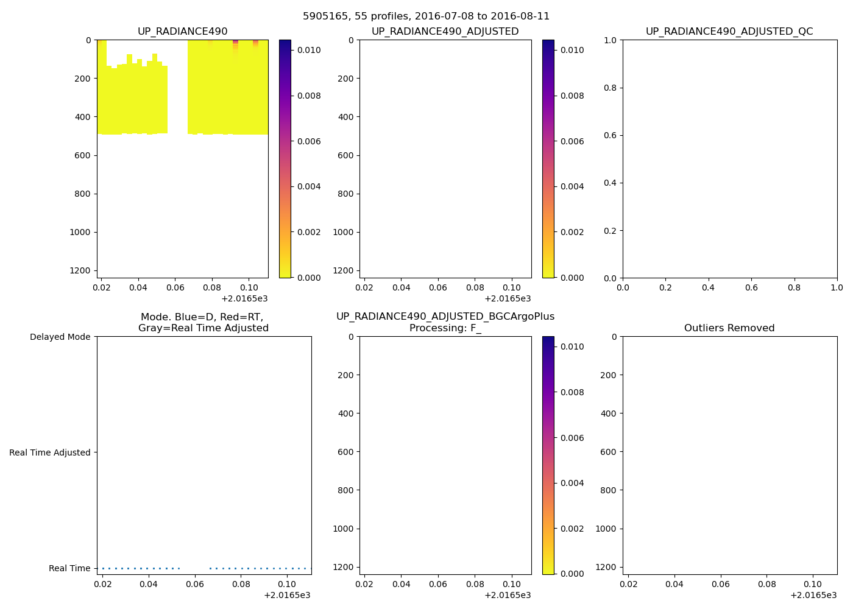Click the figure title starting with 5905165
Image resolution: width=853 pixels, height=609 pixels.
[x=426, y=16]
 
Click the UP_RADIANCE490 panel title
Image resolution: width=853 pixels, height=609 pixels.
[x=183, y=32]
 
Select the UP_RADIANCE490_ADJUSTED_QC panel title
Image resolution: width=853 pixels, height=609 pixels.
[x=729, y=32]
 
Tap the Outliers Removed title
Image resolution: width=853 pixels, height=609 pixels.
[x=729, y=328]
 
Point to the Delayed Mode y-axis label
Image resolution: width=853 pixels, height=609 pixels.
[x=60, y=337]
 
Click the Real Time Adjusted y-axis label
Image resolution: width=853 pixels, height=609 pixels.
[x=50, y=452]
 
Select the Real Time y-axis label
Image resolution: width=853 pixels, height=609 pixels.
[x=69, y=568]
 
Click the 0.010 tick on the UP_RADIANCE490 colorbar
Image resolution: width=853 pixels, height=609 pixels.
[x=309, y=50]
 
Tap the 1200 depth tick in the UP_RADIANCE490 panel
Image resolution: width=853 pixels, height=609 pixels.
[x=80, y=270]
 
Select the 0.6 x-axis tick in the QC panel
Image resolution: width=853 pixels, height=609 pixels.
[x=751, y=287]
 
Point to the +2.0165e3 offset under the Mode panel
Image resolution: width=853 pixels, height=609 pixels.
[x=287, y=595]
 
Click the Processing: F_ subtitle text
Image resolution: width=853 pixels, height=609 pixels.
[x=445, y=328]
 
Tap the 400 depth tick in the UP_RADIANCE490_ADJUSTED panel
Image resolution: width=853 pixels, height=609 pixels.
[x=346, y=117]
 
